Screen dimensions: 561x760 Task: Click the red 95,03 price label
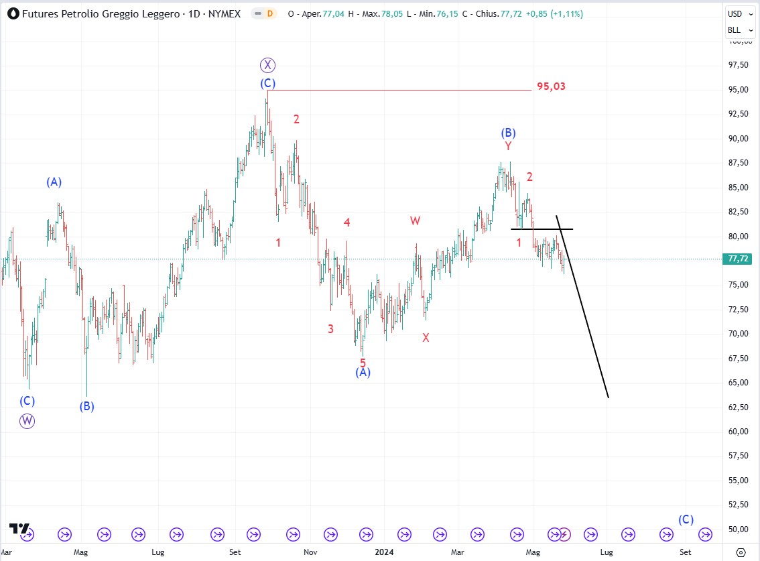551,86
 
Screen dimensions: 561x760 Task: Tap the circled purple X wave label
268,65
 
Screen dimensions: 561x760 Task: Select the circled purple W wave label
27,421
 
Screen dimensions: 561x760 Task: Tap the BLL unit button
735,30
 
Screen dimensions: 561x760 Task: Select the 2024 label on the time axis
385,552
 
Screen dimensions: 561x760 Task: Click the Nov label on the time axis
310,552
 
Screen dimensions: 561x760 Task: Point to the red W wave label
416,221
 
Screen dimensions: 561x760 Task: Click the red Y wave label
508,146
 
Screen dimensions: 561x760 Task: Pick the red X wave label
426,338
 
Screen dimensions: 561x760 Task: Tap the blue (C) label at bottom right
686,519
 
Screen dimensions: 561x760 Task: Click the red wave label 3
330,328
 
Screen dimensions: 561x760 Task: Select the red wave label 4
347,223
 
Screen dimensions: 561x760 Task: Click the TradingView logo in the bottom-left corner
19,529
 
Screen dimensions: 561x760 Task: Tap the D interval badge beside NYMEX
269,13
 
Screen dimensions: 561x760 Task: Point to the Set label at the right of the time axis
685,552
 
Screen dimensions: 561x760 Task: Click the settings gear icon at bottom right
740,552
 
